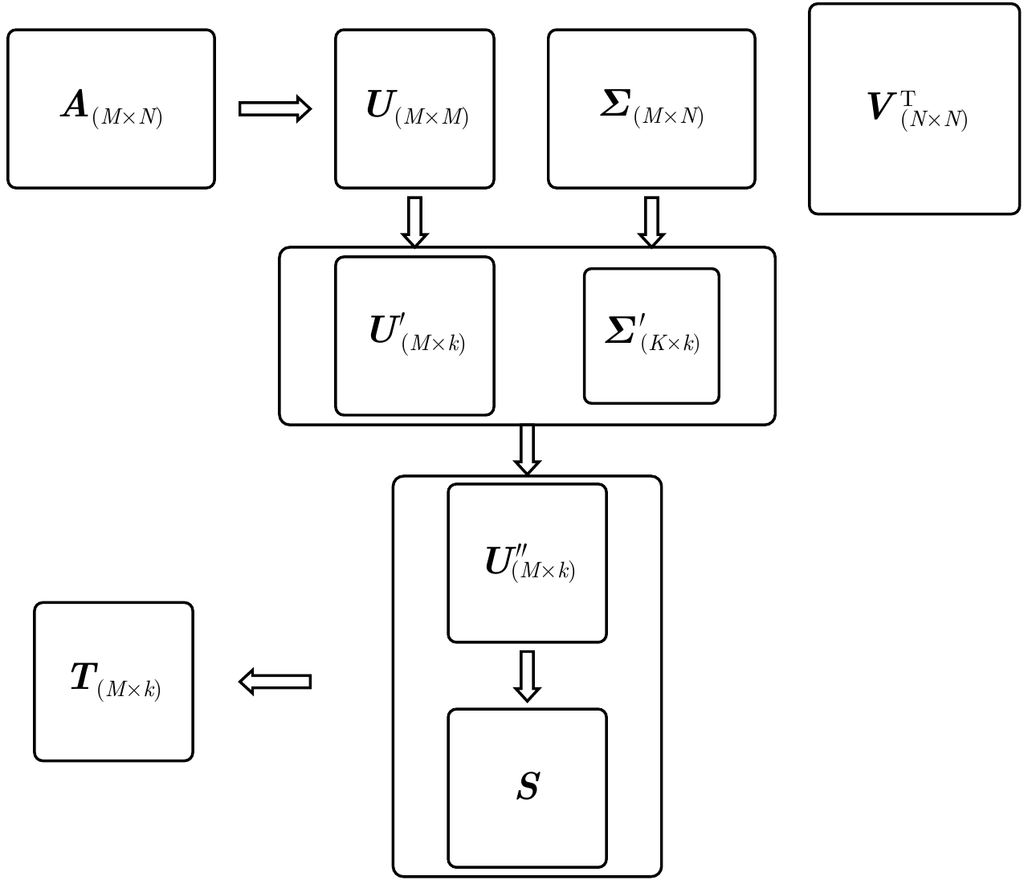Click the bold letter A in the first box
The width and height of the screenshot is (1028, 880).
tap(75, 105)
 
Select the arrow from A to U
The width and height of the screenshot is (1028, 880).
tap(275, 108)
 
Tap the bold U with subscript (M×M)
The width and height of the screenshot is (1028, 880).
tap(380, 105)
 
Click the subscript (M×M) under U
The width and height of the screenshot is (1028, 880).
tap(432, 117)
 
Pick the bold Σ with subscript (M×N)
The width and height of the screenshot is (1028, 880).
tap(615, 104)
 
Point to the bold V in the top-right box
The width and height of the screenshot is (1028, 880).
tap(881, 108)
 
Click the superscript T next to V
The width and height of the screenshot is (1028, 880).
tap(908, 99)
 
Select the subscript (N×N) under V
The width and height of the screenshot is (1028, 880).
tap(934, 120)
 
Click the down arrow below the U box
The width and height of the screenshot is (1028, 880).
tap(414, 222)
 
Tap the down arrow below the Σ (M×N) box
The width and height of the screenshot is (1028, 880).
tap(651, 222)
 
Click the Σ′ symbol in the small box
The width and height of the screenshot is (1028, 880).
tap(622, 331)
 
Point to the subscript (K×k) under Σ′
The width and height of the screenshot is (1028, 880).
tap(671, 344)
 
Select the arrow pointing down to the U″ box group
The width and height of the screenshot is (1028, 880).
tap(527, 449)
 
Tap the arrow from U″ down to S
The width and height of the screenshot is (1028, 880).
tap(527, 675)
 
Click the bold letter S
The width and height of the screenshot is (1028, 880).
tap(528, 787)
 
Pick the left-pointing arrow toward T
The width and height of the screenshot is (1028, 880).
tap(275, 682)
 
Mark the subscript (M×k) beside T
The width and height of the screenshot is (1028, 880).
tap(129, 690)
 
